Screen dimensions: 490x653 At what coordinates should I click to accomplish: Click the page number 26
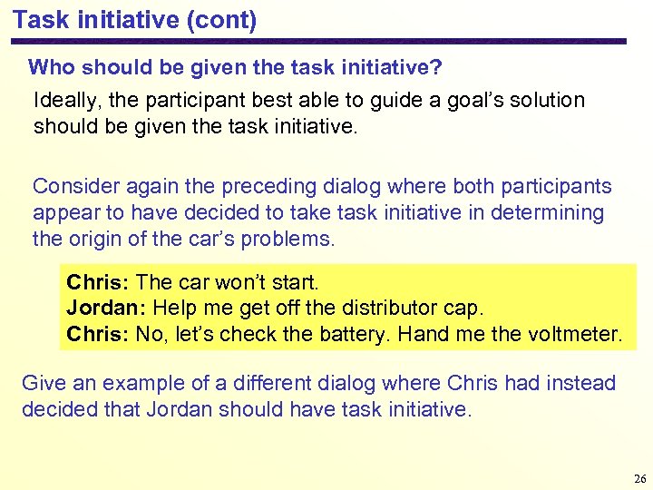(638, 479)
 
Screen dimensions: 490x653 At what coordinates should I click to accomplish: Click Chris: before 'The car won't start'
(98, 282)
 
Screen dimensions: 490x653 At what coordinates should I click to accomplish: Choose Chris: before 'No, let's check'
(98, 335)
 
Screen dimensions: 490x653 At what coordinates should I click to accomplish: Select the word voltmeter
(574, 335)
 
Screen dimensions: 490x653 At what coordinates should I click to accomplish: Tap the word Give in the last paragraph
(42, 383)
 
